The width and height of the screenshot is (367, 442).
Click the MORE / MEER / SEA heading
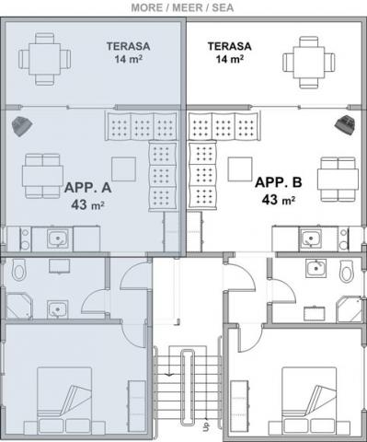pos(182,7)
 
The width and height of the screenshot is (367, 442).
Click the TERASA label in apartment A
pos(128,46)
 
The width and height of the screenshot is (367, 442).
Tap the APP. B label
pos(279,182)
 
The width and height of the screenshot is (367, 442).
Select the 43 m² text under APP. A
pos(87,204)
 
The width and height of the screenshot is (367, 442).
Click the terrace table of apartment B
pos(309,63)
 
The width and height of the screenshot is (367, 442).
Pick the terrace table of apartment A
pos(45,59)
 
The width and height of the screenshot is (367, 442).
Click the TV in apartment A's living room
pos(22,126)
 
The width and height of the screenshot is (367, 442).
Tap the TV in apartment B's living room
pos(345,124)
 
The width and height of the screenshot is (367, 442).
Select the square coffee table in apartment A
pos(123,169)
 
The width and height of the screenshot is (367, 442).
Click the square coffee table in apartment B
pos(240,169)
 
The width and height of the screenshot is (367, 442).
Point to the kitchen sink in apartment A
pos(58,239)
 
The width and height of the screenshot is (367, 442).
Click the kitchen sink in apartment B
pos(310,238)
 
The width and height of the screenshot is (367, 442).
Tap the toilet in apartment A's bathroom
pos(19,270)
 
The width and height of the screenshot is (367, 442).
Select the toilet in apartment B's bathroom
pos(347,272)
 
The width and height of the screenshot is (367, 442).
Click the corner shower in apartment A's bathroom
pos(18,306)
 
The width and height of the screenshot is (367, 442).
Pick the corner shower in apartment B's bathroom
pos(349,309)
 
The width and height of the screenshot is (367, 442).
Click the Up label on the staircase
pos(206,426)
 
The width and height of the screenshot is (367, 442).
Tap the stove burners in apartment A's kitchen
pos(25,239)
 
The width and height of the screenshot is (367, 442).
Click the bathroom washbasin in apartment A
pos(57,309)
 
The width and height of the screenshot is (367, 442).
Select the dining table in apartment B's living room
pos(338,180)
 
